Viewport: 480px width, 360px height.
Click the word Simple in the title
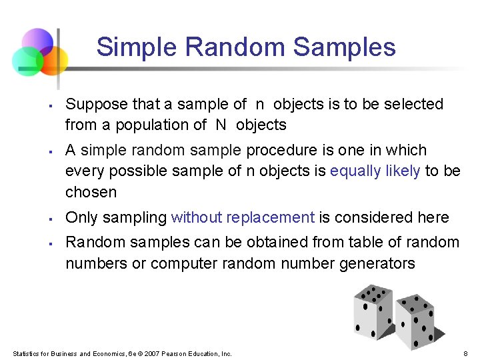[137, 48]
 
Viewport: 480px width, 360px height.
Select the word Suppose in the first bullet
[94, 105]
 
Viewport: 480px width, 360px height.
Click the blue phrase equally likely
[375, 171]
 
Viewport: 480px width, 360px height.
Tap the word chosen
[91, 193]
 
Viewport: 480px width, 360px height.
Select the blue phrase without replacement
[243, 218]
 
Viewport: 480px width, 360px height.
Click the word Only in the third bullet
[81, 218]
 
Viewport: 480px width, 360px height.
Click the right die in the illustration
[419, 321]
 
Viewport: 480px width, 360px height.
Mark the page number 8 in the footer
[465, 353]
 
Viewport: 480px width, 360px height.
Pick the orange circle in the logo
[53, 60]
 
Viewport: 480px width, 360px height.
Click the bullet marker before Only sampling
[51, 219]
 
